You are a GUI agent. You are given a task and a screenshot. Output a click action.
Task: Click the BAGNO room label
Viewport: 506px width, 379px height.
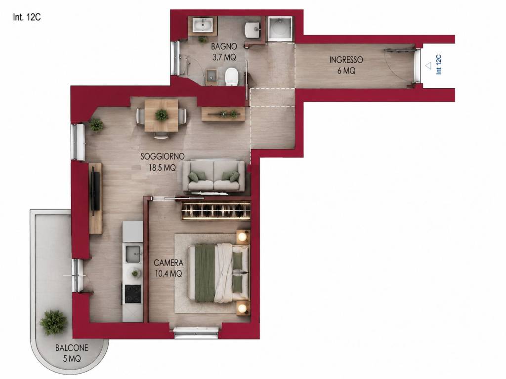click(x=224, y=46)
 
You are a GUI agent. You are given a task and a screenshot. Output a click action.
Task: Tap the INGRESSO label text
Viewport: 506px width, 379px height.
click(x=346, y=60)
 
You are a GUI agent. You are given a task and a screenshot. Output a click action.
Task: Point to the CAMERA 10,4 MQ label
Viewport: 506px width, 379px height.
click(x=169, y=268)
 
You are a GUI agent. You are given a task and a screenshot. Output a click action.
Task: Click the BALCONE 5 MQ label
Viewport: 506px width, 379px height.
click(x=72, y=353)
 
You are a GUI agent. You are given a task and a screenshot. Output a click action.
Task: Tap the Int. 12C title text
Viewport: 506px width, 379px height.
click(x=27, y=17)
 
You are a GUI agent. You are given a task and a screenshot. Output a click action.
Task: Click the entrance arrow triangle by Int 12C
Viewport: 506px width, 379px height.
click(x=428, y=66)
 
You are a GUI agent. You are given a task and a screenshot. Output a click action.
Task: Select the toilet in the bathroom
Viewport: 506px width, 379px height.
click(x=231, y=76)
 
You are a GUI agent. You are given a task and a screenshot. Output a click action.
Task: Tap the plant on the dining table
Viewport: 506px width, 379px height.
click(x=162, y=114)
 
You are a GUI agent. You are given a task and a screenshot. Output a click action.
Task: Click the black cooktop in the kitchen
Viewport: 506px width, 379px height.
click(x=132, y=294)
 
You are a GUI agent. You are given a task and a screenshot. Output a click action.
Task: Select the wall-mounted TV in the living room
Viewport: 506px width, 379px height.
click(x=94, y=191)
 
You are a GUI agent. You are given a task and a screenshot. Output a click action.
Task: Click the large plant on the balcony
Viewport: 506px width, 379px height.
click(x=53, y=323)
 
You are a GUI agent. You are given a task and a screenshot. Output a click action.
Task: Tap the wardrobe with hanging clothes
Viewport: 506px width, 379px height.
click(x=216, y=211)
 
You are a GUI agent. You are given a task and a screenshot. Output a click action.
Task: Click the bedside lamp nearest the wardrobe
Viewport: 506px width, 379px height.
click(x=242, y=237)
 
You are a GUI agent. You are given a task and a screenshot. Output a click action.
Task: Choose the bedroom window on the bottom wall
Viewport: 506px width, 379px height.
click(x=196, y=332)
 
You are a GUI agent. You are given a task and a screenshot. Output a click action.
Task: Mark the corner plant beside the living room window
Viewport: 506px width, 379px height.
click(x=96, y=125)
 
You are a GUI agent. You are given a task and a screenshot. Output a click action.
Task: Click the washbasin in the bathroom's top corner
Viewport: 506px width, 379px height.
click(x=203, y=25)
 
